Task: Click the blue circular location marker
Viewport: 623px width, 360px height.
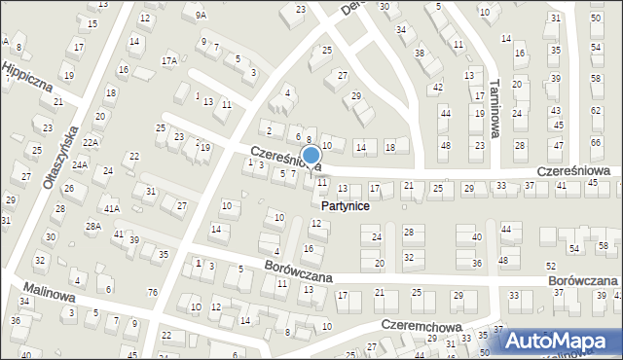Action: (311, 155)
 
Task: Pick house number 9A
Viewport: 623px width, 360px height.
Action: (201, 15)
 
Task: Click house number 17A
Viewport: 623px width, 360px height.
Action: (169, 60)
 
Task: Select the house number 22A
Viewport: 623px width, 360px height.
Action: (91, 142)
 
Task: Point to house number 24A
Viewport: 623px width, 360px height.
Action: (80, 165)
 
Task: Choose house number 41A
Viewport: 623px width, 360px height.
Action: (112, 208)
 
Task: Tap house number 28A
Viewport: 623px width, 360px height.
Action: (93, 226)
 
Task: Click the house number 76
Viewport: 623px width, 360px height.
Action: (153, 292)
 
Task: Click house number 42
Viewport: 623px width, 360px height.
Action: (437, 88)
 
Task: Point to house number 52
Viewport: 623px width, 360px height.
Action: (551, 267)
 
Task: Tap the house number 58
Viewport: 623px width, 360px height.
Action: (604, 245)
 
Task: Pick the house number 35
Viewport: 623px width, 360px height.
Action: (164, 255)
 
